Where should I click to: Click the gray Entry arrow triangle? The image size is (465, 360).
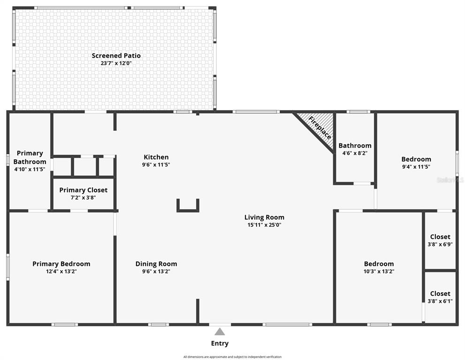click(220, 331)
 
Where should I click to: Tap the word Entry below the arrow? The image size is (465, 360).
click(220, 344)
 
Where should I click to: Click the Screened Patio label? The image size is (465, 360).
click(116, 55)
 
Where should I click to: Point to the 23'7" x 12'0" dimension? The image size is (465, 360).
click(116, 63)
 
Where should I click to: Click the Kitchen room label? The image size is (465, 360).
click(156, 157)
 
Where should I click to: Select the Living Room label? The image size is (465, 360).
click(264, 217)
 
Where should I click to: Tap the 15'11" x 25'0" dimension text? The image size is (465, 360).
click(264, 225)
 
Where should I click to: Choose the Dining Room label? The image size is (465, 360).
click(156, 264)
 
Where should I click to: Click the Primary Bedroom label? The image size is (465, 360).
click(61, 264)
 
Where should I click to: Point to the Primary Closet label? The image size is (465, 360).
click(84, 190)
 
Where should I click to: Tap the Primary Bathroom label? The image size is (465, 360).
click(30, 157)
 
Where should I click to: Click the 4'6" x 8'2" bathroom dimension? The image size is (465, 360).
click(355, 153)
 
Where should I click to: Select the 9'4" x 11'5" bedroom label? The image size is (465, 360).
click(416, 166)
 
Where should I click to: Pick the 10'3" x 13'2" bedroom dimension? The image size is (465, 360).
click(379, 271)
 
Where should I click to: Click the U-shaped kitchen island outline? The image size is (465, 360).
click(188, 210)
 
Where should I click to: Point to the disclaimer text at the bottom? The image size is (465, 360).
click(233, 357)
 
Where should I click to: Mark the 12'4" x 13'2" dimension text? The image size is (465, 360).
click(61, 271)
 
